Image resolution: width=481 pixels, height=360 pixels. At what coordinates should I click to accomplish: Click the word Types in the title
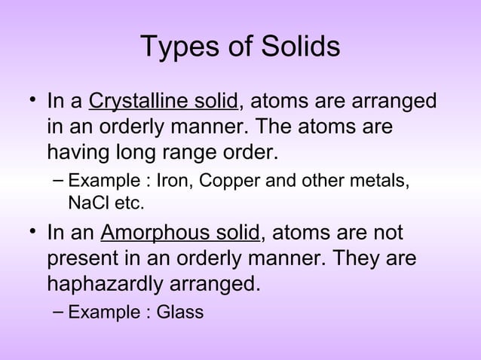[x=176, y=47]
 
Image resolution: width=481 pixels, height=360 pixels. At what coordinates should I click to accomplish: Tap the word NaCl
[x=86, y=203]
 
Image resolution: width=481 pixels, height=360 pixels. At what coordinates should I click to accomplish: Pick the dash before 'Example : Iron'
[x=58, y=182]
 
